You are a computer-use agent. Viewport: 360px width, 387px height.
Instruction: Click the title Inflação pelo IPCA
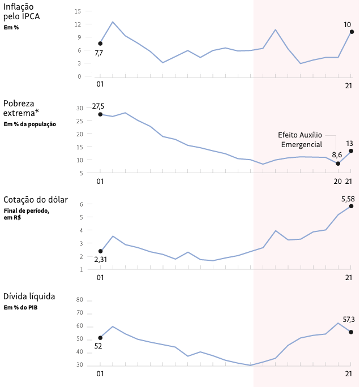click(x=25, y=11)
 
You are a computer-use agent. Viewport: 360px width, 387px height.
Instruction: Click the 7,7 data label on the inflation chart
click(x=98, y=53)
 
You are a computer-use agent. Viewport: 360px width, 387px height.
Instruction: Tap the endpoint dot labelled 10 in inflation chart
click(x=352, y=32)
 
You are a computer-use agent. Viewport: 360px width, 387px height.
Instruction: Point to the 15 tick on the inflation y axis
click(x=78, y=11)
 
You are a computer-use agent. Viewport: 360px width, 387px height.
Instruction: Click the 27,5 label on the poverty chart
click(x=98, y=106)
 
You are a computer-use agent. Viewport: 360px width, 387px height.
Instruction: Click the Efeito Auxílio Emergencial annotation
click(x=300, y=140)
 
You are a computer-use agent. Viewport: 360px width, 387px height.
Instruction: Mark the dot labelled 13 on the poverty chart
click(x=351, y=150)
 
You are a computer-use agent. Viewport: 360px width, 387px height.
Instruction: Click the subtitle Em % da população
click(x=29, y=124)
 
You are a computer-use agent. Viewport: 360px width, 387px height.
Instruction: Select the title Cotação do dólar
click(x=35, y=200)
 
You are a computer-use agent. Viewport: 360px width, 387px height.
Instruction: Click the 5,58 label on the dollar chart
click(x=348, y=198)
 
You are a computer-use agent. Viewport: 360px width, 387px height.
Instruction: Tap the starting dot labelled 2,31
click(x=100, y=251)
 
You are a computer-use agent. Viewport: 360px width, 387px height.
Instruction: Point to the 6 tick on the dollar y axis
click(x=82, y=204)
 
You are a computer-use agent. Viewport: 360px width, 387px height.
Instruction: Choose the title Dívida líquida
click(x=29, y=296)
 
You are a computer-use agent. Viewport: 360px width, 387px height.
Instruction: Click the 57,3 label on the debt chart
click(x=349, y=320)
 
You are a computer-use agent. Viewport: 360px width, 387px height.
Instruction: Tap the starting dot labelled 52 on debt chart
click(x=100, y=338)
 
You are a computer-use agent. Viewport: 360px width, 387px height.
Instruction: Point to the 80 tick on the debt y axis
click(x=79, y=300)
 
